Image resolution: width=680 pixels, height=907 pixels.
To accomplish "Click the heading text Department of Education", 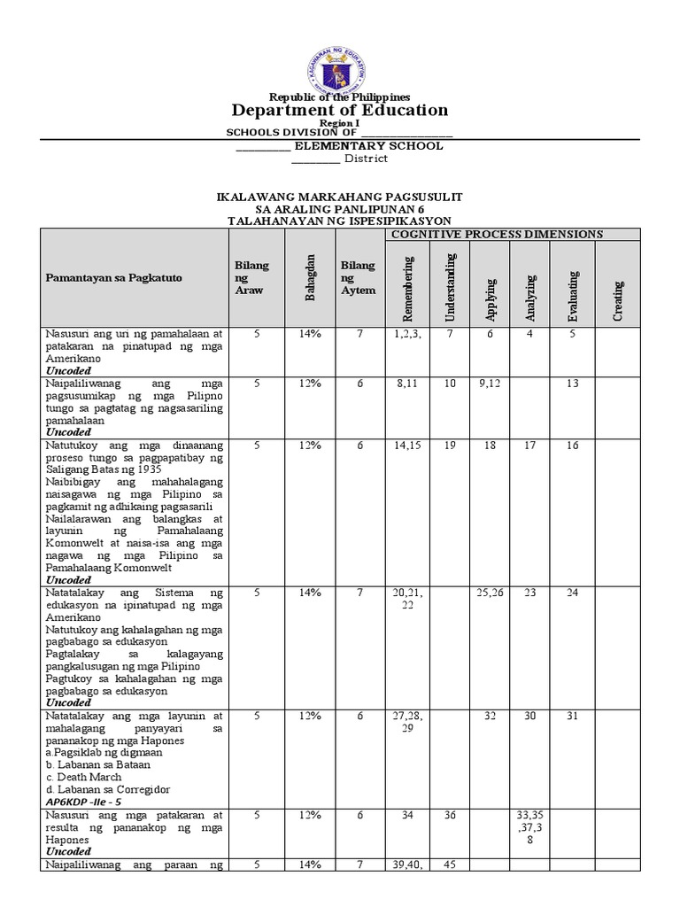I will [339, 111].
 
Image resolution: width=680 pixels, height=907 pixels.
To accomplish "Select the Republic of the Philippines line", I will [339, 97].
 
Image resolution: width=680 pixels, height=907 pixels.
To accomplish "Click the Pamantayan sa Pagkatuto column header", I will [114, 278].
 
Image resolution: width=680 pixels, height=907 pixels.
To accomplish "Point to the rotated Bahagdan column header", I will [310, 278].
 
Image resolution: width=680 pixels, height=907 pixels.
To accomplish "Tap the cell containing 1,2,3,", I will [407, 334].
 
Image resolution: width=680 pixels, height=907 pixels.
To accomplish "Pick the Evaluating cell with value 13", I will [573, 384].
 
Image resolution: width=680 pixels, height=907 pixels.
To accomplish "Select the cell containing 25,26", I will [490, 593].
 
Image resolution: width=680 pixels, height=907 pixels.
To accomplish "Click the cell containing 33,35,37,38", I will [529, 826].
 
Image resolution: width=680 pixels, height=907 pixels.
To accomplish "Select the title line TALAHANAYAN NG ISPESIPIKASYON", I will [339, 220].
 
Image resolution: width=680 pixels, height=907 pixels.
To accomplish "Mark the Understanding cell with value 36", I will [450, 815].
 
